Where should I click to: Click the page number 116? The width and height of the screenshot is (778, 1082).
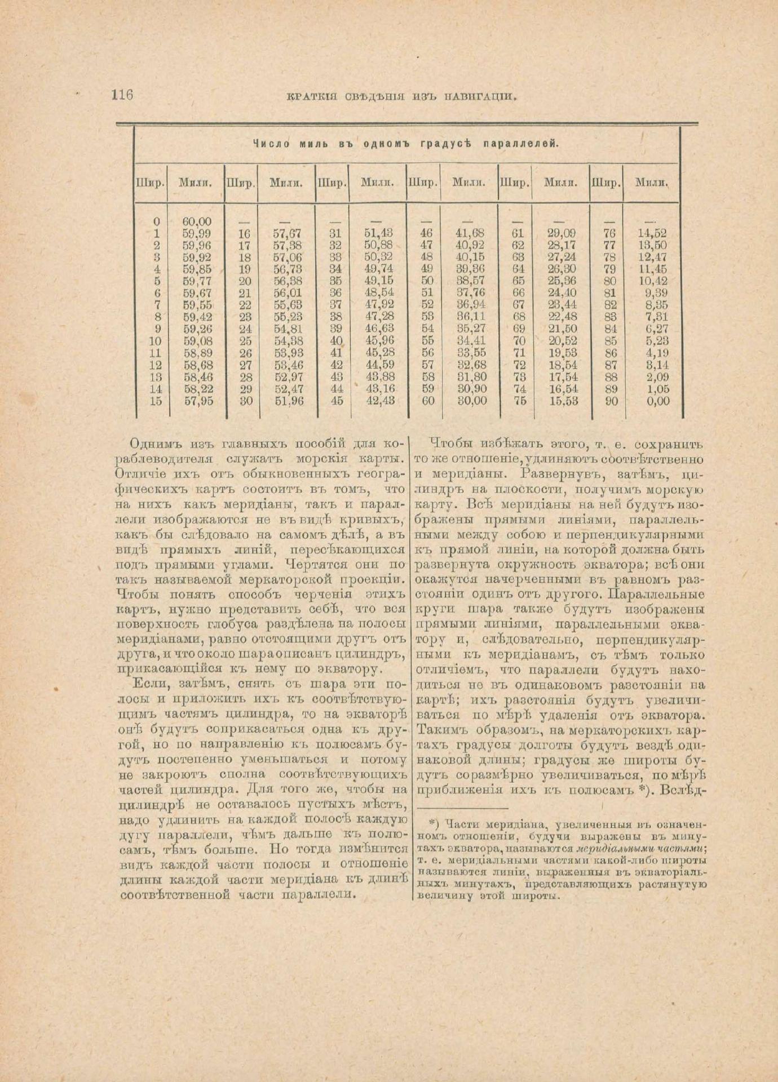pos(122,95)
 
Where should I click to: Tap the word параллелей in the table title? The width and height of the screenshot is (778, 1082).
pos(521,144)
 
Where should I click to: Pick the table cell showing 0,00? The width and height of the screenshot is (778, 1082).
pos(658,401)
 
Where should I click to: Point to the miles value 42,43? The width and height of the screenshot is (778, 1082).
pos(380,401)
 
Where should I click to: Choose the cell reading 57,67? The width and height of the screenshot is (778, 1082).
pos(288,233)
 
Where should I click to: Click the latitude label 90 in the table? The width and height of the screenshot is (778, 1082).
pos(611,401)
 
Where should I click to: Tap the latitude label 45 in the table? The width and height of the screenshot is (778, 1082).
pos(337,401)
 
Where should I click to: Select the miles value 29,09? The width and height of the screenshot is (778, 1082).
pos(562,233)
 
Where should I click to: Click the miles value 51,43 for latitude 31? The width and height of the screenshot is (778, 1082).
pos(379,233)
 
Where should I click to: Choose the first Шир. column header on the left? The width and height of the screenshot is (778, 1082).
pos(151,183)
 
